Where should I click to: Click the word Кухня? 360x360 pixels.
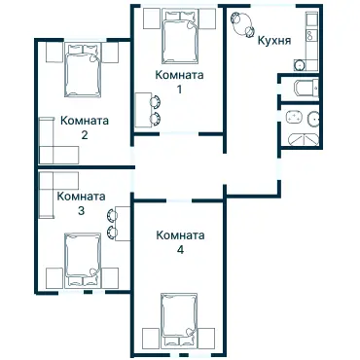click(275, 42)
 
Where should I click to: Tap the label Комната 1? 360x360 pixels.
click(179, 82)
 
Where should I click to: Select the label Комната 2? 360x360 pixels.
click(84, 127)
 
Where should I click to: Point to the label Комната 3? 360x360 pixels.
click(82, 202)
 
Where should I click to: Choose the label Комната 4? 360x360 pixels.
click(180, 241)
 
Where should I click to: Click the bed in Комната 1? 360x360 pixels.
click(178, 37)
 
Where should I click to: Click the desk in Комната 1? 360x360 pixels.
click(142, 109)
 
